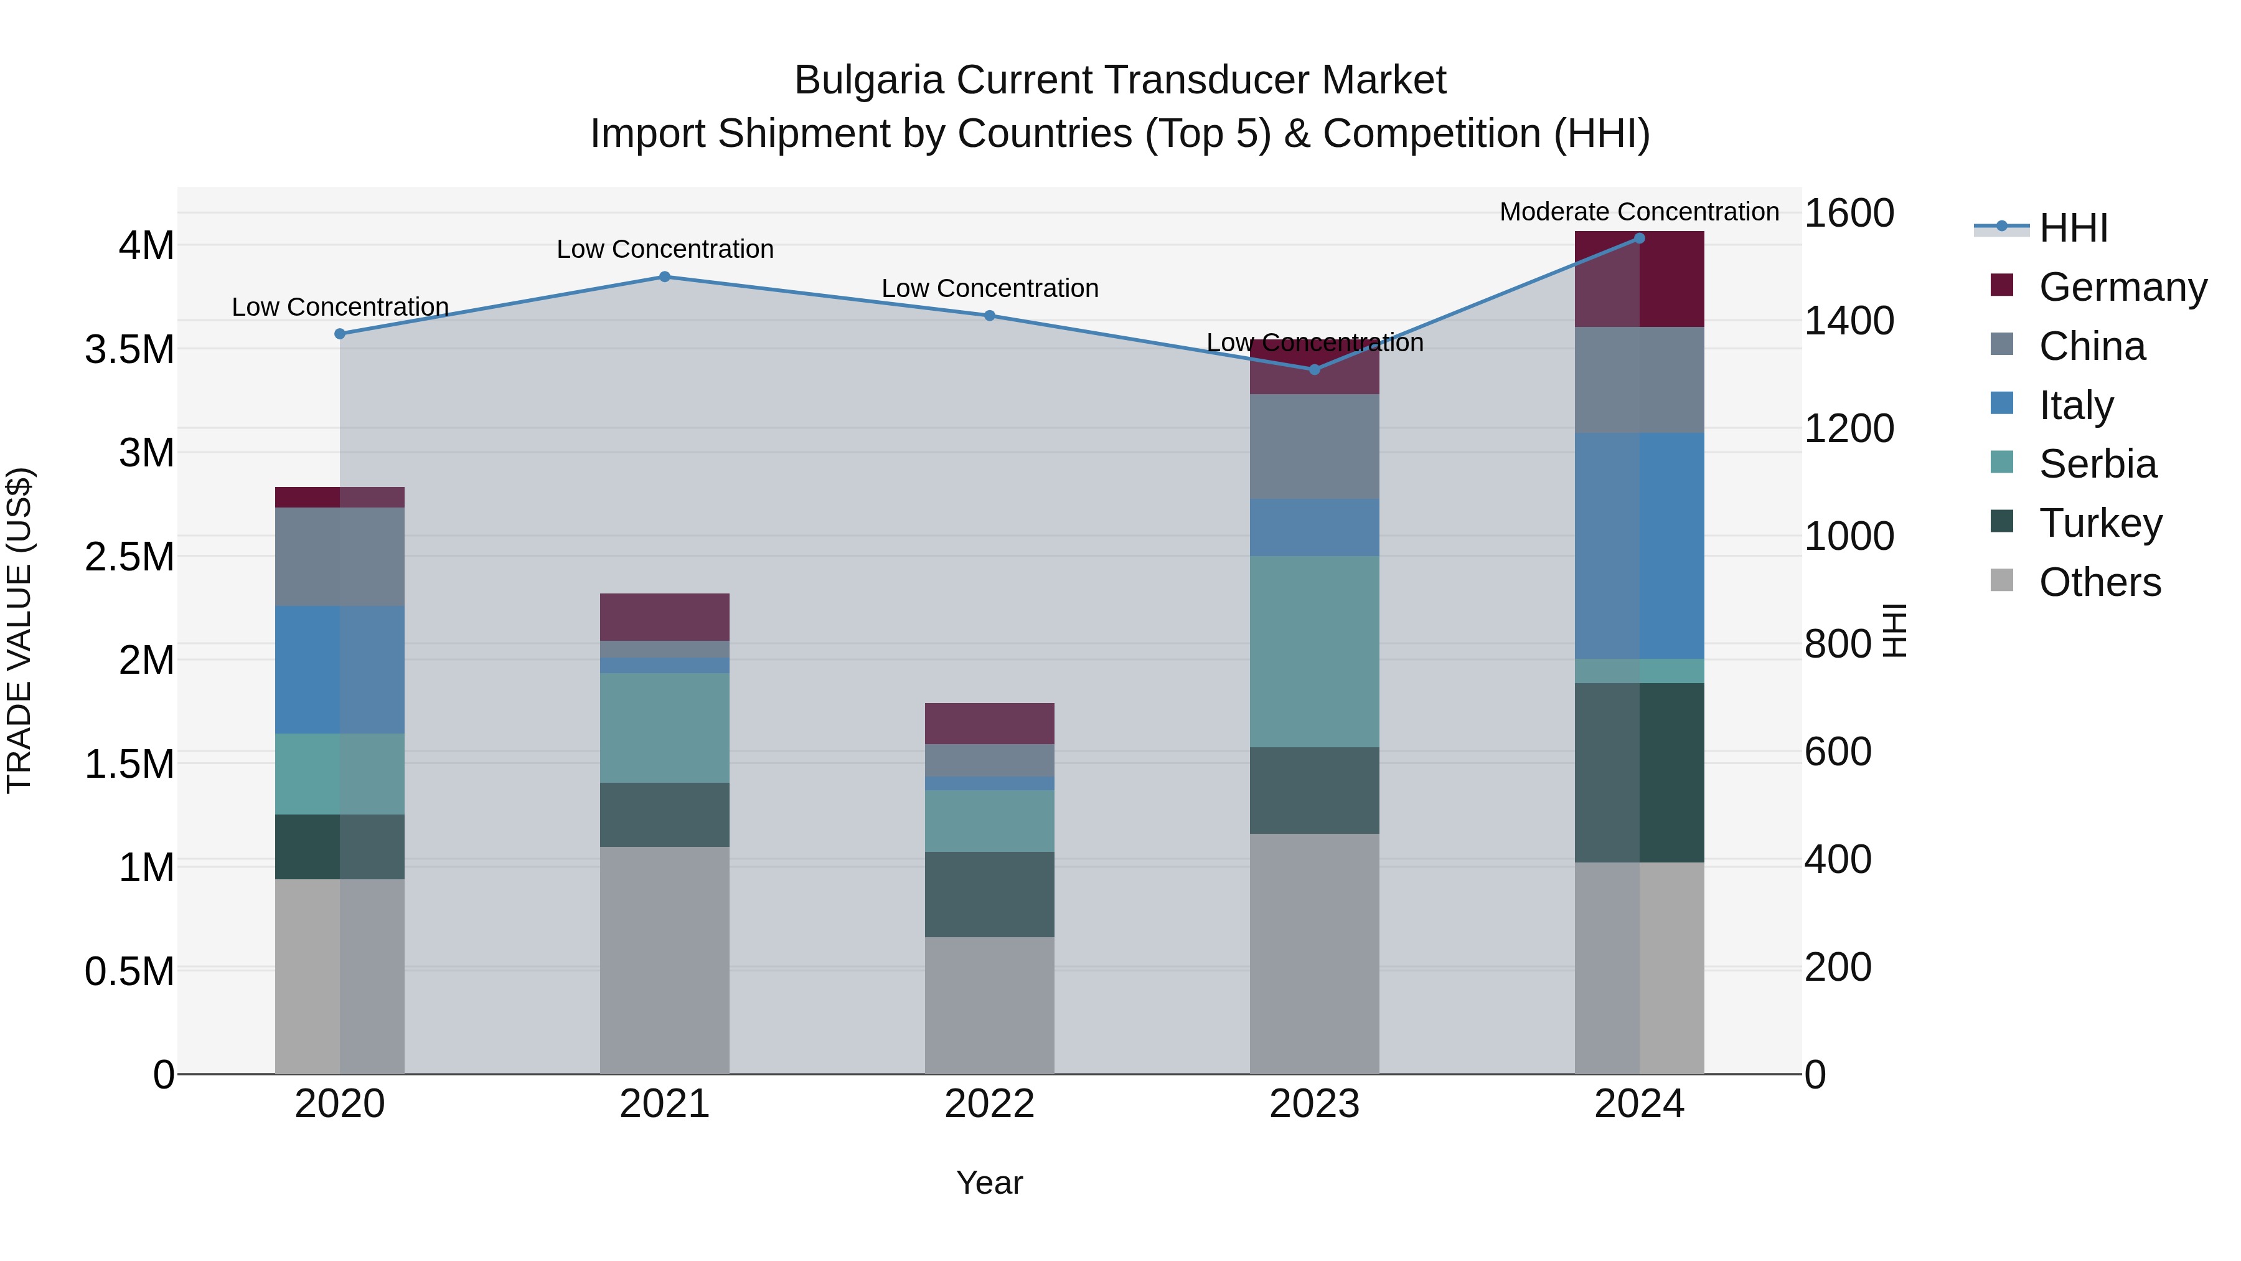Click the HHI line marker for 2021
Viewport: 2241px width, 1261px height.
point(665,276)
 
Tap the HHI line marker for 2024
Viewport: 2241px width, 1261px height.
point(1639,238)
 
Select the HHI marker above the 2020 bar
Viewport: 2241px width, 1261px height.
point(340,333)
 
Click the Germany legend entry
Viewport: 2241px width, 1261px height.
point(2122,287)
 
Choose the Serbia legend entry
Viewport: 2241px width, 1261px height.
point(2097,464)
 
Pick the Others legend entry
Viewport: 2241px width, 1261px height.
point(2099,582)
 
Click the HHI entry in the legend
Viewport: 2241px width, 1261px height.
point(2073,228)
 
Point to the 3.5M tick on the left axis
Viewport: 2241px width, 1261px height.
point(129,350)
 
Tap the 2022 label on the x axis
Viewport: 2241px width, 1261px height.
point(989,1104)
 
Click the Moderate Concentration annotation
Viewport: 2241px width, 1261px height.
point(1639,212)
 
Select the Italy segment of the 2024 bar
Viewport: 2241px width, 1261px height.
point(1639,545)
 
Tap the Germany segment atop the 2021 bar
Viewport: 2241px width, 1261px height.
point(665,617)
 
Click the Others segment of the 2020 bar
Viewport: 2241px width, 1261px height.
point(340,976)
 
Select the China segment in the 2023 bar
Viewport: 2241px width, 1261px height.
point(1315,446)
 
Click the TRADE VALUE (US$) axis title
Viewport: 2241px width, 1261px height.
point(19,630)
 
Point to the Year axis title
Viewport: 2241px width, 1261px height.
point(989,1183)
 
